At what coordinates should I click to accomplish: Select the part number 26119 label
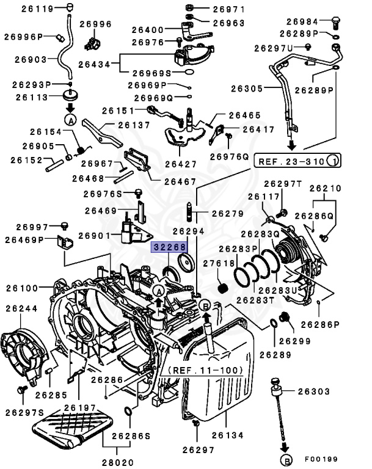click(x=21, y=8)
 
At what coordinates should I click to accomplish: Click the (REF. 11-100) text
click(x=205, y=370)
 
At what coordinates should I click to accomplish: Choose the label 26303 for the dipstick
click(x=313, y=391)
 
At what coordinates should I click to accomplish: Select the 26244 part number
click(x=21, y=309)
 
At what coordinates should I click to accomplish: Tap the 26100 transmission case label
click(x=21, y=287)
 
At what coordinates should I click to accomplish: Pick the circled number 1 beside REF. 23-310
click(x=333, y=161)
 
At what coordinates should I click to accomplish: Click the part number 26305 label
click(x=247, y=89)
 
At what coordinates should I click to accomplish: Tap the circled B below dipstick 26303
click(x=285, y=459)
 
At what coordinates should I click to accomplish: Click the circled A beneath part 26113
click(x=70, y=120)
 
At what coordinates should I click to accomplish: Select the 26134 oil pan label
click(x=228, y=435)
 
